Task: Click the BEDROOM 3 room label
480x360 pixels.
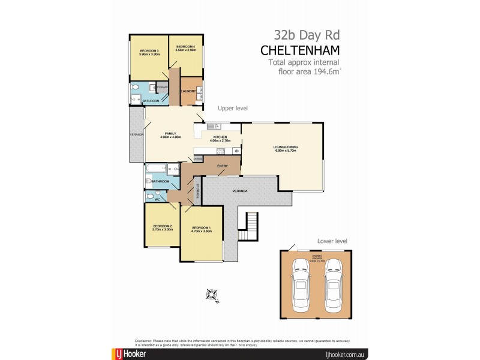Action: click(149, 50)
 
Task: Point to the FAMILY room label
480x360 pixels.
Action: click(170, 133)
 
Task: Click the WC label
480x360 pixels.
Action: click(157, 199)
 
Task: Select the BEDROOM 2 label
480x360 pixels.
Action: click(162, 226)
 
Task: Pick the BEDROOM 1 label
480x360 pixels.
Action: click(201, 228)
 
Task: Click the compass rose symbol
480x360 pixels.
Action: click(212, 293)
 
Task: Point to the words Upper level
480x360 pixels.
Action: click(232, 108)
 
